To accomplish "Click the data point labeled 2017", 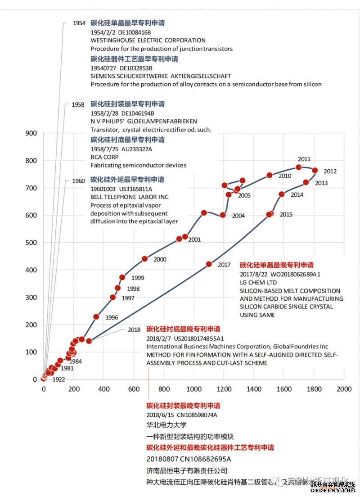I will pos(209,264).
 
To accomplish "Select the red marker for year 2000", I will pos(145,259).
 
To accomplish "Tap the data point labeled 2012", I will pos(315,170).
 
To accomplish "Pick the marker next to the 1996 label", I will pos(96,317).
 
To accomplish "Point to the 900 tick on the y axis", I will pos(31,133).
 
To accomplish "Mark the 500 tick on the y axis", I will pos(31,243).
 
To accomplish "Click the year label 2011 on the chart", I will pos(304,159).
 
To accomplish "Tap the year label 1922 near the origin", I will pos(58,380).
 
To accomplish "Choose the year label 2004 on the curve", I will pos(238,216).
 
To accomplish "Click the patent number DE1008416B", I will pos(135,32).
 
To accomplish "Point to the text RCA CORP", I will pos(104,157).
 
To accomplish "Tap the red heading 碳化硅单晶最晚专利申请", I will pos(277,265).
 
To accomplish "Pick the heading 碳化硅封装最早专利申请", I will pos(128,104).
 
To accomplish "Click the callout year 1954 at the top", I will pos(79,23).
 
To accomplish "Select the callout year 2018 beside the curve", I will pos(134,330).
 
